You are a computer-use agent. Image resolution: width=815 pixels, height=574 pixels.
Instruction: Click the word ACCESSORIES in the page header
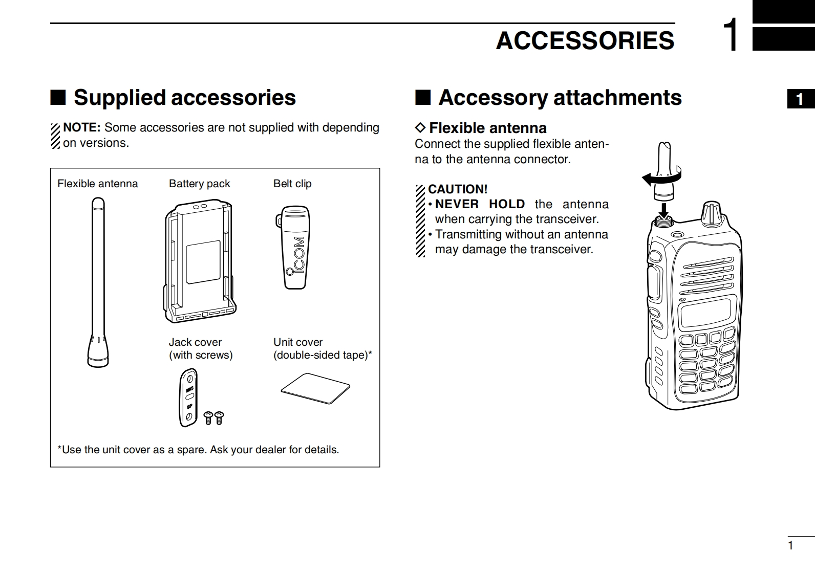[585, 40]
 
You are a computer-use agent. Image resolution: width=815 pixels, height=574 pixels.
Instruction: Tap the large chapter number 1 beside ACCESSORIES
[732, 35]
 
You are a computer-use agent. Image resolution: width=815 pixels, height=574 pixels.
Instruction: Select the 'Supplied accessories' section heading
[184, 97]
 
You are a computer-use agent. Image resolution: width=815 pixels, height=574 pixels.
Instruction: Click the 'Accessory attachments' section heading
[560, 97]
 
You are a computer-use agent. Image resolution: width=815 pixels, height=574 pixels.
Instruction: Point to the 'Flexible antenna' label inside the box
[97, 184]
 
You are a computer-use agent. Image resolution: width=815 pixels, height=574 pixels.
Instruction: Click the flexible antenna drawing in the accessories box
[98, 281]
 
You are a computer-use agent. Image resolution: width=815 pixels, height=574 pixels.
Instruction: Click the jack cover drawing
[188, 398]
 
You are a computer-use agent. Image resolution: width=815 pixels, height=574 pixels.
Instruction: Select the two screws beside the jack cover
[214, 417]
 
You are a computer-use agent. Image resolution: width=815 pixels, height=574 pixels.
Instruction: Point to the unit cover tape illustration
[315, 388]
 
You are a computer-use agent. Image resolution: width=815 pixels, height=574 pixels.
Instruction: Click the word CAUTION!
[458, 189]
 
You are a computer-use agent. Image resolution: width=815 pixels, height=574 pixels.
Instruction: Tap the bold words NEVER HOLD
[480, 204]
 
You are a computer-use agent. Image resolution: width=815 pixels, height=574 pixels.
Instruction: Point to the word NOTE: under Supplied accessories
[81, 127]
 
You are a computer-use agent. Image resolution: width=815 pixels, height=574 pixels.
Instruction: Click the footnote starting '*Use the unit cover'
[198, 450]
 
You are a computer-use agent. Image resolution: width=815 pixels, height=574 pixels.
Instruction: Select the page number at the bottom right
[790, 545]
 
